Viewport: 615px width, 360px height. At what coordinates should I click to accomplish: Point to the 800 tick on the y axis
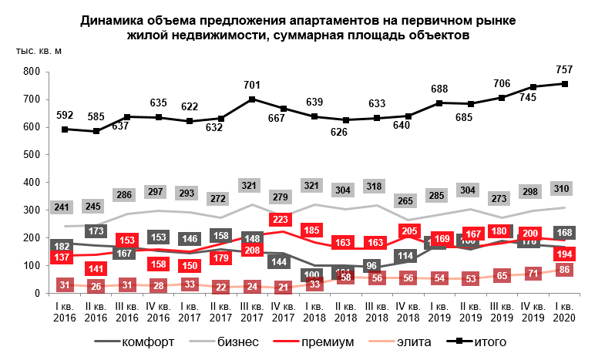click(31, 71)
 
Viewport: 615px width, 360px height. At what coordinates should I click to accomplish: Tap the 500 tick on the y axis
click(31, 154)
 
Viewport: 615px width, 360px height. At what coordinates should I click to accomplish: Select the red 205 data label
click(409, 230)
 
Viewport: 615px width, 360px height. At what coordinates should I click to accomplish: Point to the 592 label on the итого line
click(64, 116)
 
